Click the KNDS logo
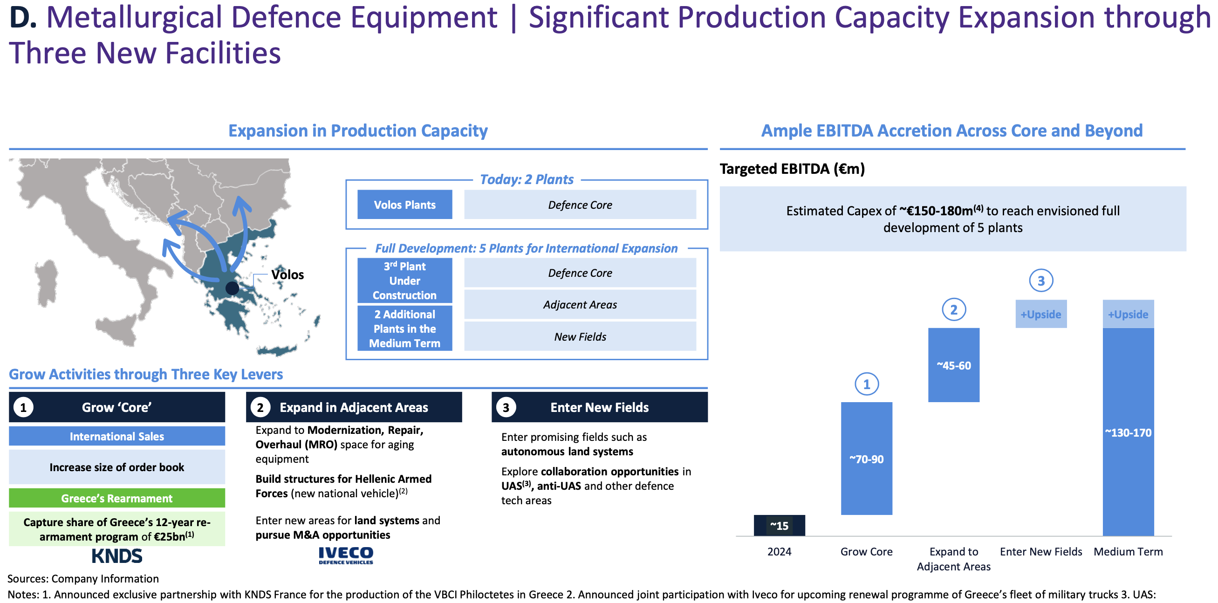pyautogui.click(x=117, y=556)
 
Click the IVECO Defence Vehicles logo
pyautogui.click(x=346, y=555)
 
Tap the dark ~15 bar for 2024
pyautogui.click(x=779, y=526)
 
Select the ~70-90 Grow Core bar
pyautogui.click(x=866, y=458)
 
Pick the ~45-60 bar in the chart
pyautogui.click(x=954, y=365)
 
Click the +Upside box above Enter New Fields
pyautogui.click(x=1040, y=314)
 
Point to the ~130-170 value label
pyautogui.click(x=1128, y=433)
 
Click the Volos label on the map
pyautogui.click(x=287, y=275)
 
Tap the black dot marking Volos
pyautogui.click(x=232, y=288)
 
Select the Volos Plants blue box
pyautogui.click(x=405, y=205)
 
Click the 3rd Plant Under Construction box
pyautogui.click(x=405, y=281)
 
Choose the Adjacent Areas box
pyautogui.click(x=580, y=305)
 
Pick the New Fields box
pyautogui.click(x=580, y=336)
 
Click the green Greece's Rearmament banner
pyautogui.click(x=117, y=498)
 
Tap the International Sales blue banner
pyautogui.click(x=117, y=436)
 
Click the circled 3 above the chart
pyautogui.click(x=1040, y=281)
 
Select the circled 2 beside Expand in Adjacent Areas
pyautogui.click(x=260, y=407)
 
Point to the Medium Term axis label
pyautogui.click(x=1128, y=551)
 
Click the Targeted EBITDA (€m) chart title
pyautogui.click(x=792, y=169)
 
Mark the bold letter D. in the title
pyautogui.click(x=23, y=18)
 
